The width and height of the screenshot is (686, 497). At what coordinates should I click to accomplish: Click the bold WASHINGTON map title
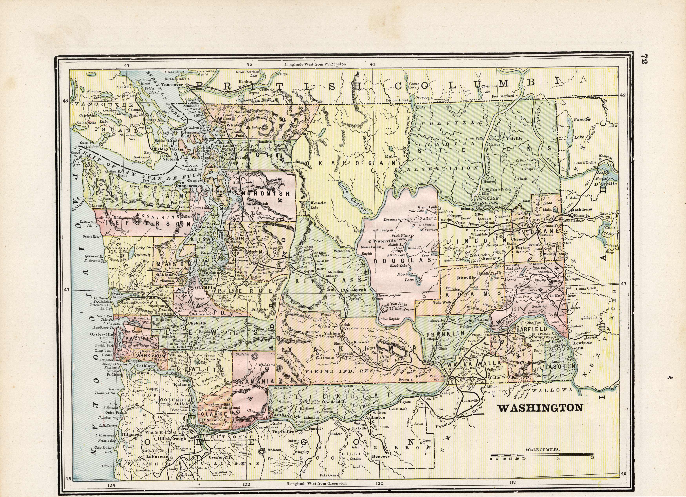point(540,408)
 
